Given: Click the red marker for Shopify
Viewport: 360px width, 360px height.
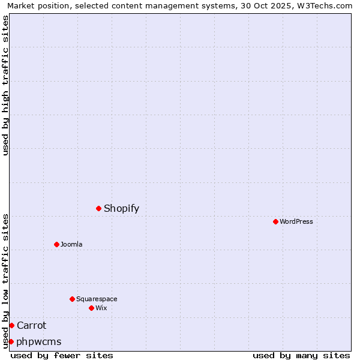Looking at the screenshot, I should click(98, 208).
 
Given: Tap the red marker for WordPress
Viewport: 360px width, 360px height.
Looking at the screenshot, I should click(275, 221).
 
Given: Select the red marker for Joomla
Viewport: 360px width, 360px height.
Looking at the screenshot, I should click(56, 244).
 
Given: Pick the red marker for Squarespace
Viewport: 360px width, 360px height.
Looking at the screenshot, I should click(72, 299).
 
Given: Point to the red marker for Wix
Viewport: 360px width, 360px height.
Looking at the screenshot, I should click(91, 308).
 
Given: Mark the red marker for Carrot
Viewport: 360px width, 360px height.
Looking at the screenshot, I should click(11, 325).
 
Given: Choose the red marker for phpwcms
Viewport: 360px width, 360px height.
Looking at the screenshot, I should click(11, 341).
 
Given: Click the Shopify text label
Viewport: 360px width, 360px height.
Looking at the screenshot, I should click(121, 208).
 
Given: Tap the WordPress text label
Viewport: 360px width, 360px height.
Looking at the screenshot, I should click(296, 221).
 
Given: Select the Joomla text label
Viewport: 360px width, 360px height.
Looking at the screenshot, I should click(71, 244).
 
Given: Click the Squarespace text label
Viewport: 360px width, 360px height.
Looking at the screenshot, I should click(97, 299).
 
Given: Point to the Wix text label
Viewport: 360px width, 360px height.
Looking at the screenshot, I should click(101, 308).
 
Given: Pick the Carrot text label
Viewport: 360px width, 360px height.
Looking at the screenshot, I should click(31, 325).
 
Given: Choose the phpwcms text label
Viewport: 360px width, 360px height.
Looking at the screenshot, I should click(39, 341).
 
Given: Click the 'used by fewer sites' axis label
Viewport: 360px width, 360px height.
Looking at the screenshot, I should click(62, 355).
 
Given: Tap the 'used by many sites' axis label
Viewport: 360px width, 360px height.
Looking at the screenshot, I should click(301, 355).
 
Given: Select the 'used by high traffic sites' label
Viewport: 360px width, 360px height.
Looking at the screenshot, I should click(5, 85).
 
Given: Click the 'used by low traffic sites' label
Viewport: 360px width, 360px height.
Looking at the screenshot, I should click(5, 280).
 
